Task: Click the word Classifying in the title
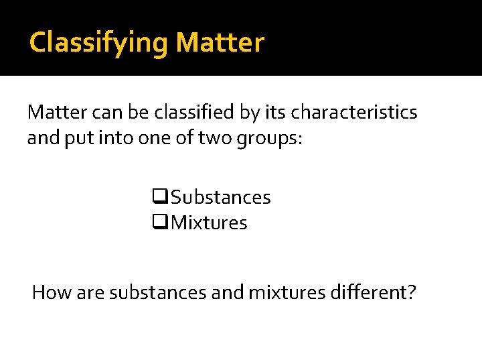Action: click(x=99, y=43)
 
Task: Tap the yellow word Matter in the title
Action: click(x=220, y=43)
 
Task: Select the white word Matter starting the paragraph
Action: click(x=54, y=112)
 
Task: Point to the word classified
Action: click(x=190, y=112)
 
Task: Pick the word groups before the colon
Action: click(x=273, y=139)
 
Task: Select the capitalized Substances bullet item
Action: click(x=221, y=197)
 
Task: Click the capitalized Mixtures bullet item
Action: click(x=209, y=223)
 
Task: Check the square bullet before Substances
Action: click(x=159, y=197)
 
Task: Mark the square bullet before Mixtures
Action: click(x=159, y=223)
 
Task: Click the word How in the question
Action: click(x=48, y=293)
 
